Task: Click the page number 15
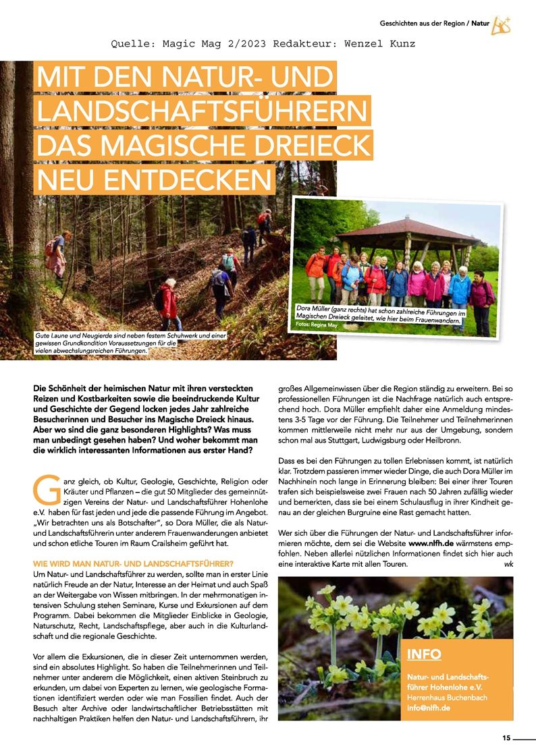pyautogui.click(x=506, y=737)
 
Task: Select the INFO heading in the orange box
pyautogui.click(x=425, y=654)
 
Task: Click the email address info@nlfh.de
pyautogui.click(x=427, y=708)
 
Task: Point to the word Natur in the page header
pyautogui.click(x=481, y=24)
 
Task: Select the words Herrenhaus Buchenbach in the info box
pyautogui.click(x=446, y=697)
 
